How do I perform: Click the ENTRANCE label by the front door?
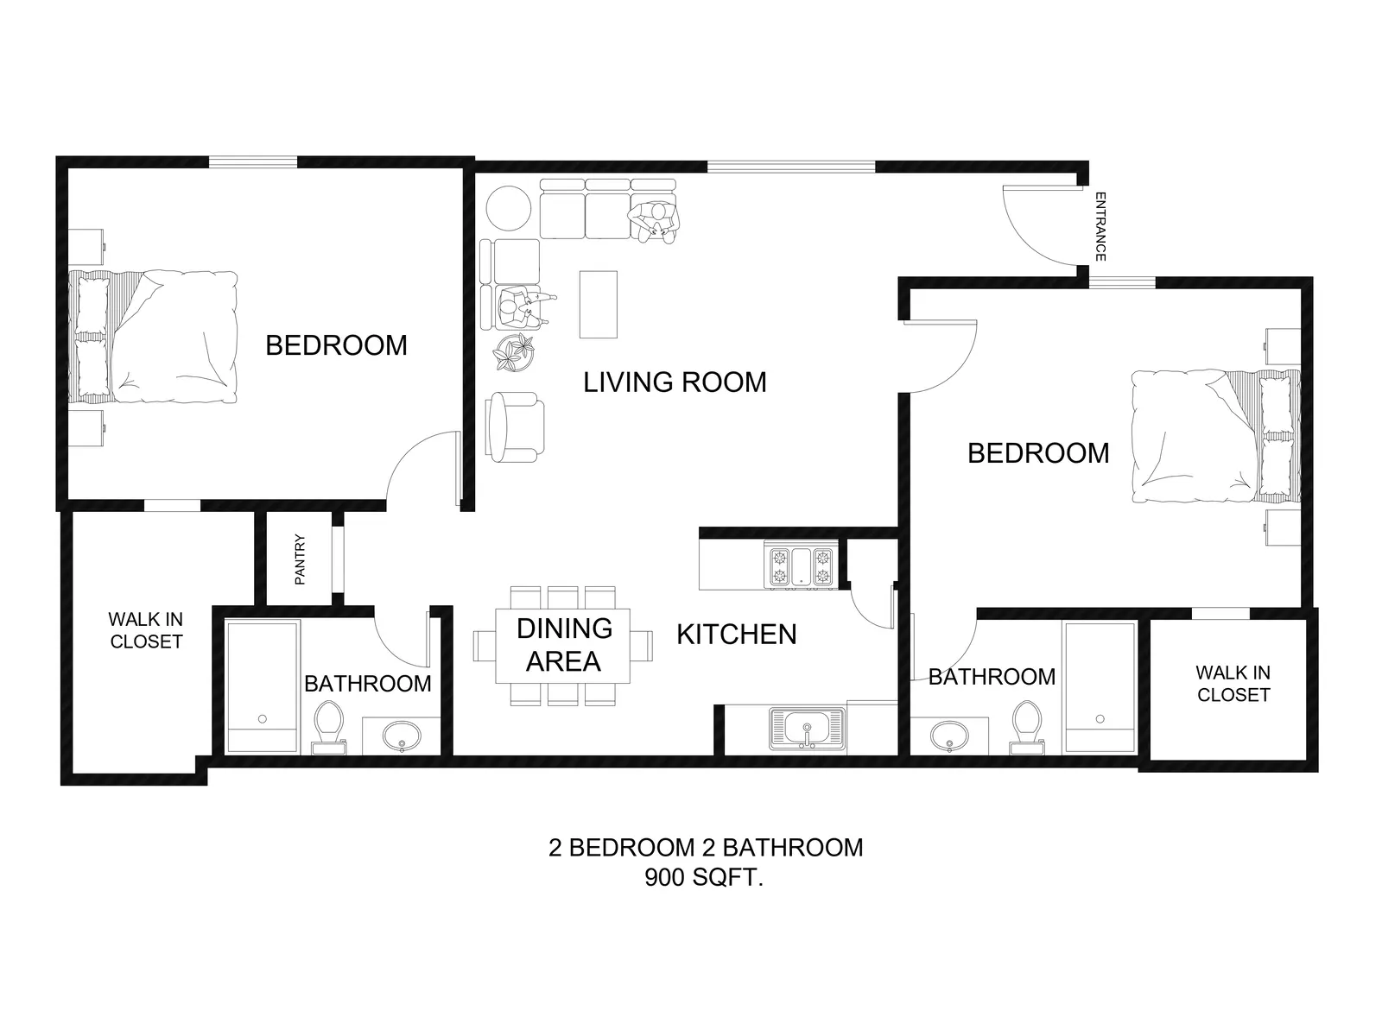coord(1100,226)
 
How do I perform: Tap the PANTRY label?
coord(301,559)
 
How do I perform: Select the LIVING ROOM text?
coord(675,382)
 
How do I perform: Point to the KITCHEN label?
coord(737,634)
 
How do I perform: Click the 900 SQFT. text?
coord(704,877)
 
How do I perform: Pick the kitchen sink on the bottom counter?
coord(807,729)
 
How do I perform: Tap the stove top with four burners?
coord(801,566)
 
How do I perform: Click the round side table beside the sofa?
coord(509,208)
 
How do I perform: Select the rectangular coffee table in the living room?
coord(598,305)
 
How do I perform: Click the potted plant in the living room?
coord(514,353)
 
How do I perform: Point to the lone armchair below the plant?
coord(515,427)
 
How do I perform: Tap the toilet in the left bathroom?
coord(329,728)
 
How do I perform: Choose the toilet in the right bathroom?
coord(1027,728)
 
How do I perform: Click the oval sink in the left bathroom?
coord(402,735)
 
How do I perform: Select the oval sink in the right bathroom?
coord(949,736)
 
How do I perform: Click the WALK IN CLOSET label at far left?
coord(146,630)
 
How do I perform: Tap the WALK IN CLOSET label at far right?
coord(1233,684)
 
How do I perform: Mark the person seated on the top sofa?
coord(655,222)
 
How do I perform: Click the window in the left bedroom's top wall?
coord(253,162)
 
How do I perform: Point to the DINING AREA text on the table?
coord(564,645)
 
